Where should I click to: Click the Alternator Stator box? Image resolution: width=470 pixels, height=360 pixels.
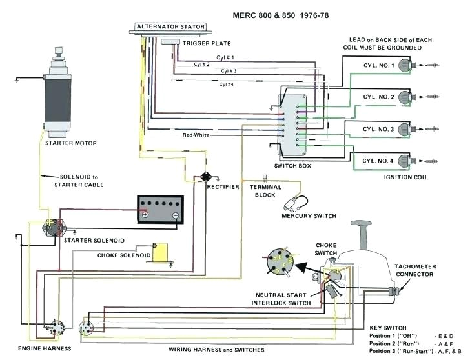[170, 27]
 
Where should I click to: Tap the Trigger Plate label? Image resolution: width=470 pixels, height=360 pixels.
[205, 43]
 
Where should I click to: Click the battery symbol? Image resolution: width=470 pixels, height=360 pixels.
[159, 210]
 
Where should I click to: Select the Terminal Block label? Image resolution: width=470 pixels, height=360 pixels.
[264, 190]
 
